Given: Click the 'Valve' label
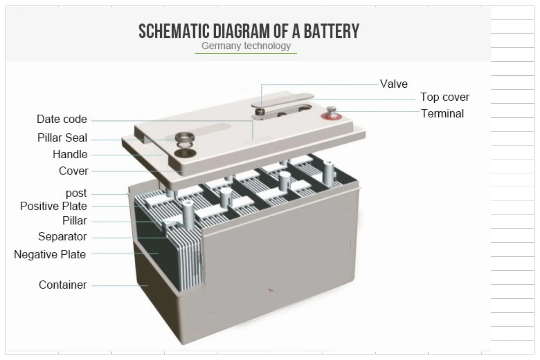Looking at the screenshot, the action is click(x=394, y=84).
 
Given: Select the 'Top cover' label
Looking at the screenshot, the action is click(x=445, y=97).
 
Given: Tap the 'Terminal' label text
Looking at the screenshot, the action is click(x=442, y=114).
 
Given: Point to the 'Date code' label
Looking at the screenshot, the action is click(x=62, y=119).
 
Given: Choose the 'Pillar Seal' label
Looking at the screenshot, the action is click(x=62, y=138).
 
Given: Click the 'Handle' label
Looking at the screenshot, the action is click(x=70, y=154).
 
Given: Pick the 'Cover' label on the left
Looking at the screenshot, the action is click(x=73, y=171).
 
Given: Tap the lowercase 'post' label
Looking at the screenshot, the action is click(x=76, y=193).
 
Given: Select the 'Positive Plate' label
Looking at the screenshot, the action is click(x=53, y=206).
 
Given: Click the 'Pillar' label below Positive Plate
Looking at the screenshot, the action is click(x=74, y=221).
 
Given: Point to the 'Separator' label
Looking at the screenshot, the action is click(x=62, y=236).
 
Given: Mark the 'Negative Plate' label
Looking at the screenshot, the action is click(x=50, y=254).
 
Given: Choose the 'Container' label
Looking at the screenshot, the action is click(x=63, y=285).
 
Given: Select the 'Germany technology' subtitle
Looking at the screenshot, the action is click(x=246, y=46).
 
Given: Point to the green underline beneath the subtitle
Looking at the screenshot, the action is click(x=246, y=54).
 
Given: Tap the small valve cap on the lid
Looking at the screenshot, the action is click(x=261, y=111).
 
